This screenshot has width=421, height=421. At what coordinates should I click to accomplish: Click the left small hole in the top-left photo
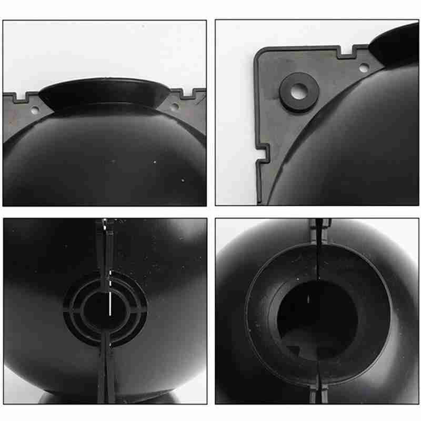(35, 111)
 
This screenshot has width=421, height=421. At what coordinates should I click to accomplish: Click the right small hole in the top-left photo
(174, 108)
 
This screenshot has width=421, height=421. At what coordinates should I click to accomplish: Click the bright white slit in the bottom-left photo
(109, 305)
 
